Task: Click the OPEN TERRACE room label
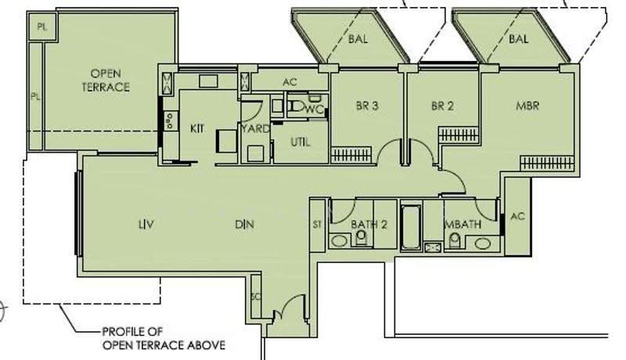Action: click(106, 81)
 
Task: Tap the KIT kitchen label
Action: click(197, 128)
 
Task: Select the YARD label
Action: click(256, 128)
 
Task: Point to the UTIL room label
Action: click(300, 142)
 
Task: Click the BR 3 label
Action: click(367, 106)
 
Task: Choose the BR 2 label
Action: click(442, 106)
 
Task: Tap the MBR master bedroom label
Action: click(527, 106)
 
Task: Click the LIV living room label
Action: click(146, 225)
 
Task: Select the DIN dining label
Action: click(244, 225)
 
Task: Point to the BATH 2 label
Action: click(369, 225)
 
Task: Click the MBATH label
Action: click(462, 225)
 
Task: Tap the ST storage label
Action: click(317, 225)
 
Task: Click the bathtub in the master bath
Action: click(412, 228)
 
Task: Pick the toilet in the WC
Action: click(297, 106)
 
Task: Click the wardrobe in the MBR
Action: click(547, 163)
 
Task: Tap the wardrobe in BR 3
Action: click(351, 154)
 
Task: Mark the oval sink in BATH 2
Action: click(339, 242)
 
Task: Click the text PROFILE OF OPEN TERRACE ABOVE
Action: click(164, 338)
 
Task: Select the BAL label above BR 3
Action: click(358, 38)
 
